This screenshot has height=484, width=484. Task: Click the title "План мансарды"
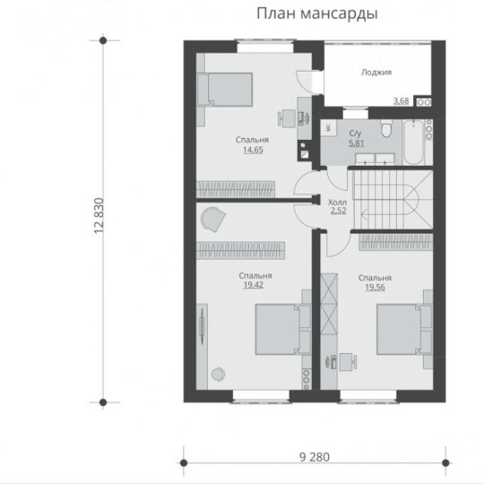(317, 14)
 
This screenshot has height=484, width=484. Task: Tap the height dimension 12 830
(99, 216)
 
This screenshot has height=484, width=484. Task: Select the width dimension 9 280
(315, 457)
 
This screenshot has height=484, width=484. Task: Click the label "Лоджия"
(376, 73)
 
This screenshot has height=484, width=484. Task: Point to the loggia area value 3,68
(401, 100)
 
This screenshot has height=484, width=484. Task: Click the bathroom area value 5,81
(357, 143)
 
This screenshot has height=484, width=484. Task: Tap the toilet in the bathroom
(386, 128)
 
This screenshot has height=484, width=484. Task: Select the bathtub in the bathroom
(413, 143)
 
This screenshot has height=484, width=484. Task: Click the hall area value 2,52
(338, 211)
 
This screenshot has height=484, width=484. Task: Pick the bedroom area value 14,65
(253, 150)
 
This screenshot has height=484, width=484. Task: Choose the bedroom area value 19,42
(254, 285)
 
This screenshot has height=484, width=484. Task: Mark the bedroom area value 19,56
(375, 288)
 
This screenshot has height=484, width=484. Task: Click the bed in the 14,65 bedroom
(225, 90)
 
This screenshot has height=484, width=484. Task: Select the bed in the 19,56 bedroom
(404, 329)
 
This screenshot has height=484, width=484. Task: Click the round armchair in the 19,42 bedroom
(212, 219)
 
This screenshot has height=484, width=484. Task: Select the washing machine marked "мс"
(328, 128)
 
